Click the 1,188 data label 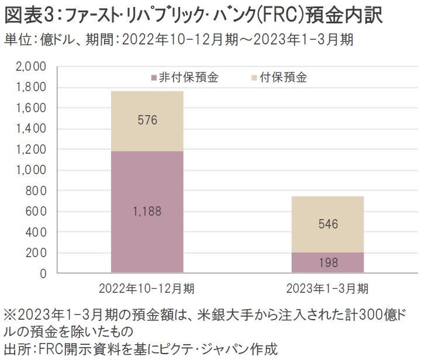point(147,212)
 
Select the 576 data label point(147,120)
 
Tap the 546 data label point(329,224)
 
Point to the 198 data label point(329,263)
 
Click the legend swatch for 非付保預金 point(154,78)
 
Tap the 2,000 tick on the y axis point(30,67)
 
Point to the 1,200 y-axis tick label point(30,150)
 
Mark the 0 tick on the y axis point(42,273)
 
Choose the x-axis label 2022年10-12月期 point(147,288)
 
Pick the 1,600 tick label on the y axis point(30,108)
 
